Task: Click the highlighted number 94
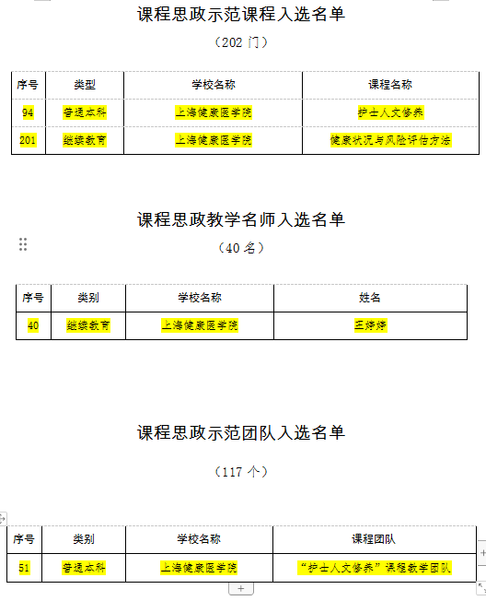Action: [x=28, y=112]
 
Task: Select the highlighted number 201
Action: [x=28, y=140]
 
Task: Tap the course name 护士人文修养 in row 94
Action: [x=390, y=112]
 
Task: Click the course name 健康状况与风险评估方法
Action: [x=390, y=140]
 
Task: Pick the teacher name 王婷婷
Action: [x=370, y=325]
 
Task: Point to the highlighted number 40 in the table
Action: [x=33, y=325]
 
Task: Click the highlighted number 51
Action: [x=24, y=568]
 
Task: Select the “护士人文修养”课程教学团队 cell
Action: [x=375, y=568]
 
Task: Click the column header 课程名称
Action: [x=390, y=85]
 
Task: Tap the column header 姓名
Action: [x=370, y=298]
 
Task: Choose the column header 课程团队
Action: [x=374, y=539]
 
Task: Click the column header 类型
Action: [x=85, y=85]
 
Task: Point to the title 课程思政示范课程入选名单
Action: [x=241, y=14]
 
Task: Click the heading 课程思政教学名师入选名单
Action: [x=241, y=219]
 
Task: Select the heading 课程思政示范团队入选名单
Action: [x=241, y=432]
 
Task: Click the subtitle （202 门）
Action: [x=241, y=42]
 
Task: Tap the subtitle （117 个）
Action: [x=241, y=471]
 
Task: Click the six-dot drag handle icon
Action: [x=23, y=244]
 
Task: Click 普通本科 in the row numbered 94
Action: [x=85, y=112]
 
